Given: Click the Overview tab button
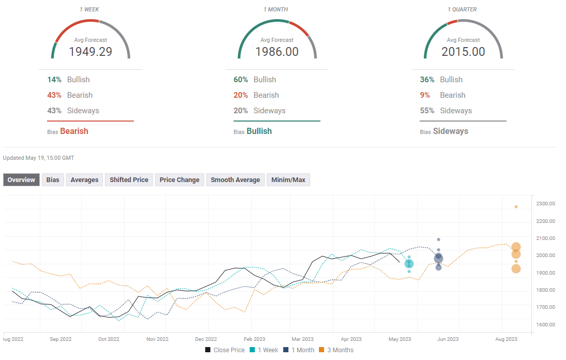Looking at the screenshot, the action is click(21, 180).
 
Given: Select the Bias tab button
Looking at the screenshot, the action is click(53, 180).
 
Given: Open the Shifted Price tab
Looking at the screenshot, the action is click(129, 180).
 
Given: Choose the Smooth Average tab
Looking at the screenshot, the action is click(235, 180).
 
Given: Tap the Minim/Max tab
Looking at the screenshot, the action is click(288, 180).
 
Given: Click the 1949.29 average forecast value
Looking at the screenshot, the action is click(90, 52).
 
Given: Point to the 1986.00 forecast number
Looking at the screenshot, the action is click(277, 52).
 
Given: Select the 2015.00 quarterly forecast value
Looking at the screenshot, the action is click(463, 52).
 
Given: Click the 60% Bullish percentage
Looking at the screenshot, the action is click(241, 80).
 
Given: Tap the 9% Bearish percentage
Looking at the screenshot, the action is click(425, 95).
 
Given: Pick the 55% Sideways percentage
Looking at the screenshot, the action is click(427, 111).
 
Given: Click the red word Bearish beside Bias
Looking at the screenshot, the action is click(74, 131).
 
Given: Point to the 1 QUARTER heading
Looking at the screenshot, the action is click(462, 9).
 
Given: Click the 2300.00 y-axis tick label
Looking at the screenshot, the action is click(545, 204).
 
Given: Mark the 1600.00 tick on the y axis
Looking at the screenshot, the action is click(545, 325).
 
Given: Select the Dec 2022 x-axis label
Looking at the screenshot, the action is click(206, 339).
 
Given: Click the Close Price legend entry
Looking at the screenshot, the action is click(225, 350).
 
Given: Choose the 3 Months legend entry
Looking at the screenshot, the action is click(336, 350).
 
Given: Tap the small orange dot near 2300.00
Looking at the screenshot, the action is click(516, 206).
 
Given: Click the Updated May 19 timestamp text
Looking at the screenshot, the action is click(39, 158).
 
